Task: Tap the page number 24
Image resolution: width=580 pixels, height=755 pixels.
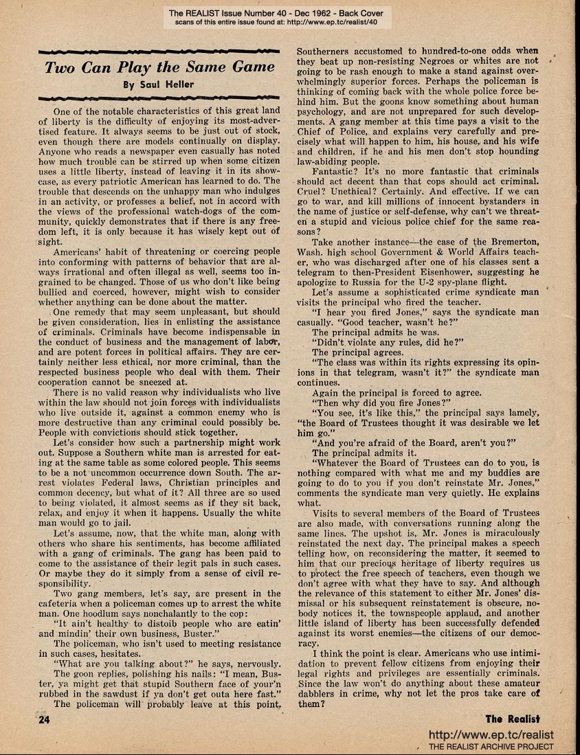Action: (28, 719)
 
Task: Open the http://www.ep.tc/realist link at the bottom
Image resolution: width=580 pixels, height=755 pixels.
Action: (491, 734)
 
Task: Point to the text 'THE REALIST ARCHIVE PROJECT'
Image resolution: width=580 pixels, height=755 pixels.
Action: (491, 747)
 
